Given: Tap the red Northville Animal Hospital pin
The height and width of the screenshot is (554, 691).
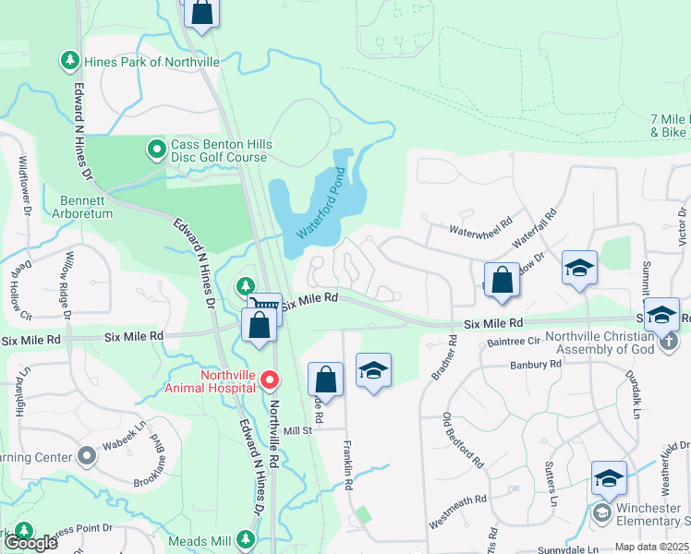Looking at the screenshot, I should coord(270,379).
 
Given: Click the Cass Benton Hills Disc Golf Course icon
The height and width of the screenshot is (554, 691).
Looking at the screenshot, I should coord(156,147).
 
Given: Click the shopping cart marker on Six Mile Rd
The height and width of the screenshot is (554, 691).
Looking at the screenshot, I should coord(265,307).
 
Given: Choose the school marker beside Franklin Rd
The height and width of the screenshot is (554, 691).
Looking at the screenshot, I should coord(373,370).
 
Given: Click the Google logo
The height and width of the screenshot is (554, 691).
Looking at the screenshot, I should coord(31,543).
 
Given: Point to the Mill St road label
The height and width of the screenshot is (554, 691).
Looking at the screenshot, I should coord(300,431).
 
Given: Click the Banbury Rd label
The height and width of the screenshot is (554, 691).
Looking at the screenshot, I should coord(535,365).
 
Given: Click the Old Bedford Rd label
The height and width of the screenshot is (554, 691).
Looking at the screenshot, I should coord(462,439).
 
